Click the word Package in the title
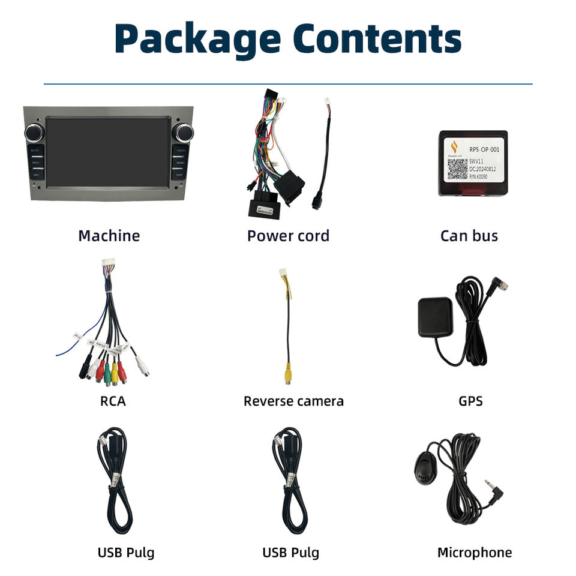coord(197,39)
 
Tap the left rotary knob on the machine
coord(34,133)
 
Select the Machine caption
coord(109,236)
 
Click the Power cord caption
coord(288,236)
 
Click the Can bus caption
coord(469,236)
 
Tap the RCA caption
coord(113,401)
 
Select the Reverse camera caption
coord(293,401)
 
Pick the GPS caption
coord(470,401)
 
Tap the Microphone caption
coord(474,553)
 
